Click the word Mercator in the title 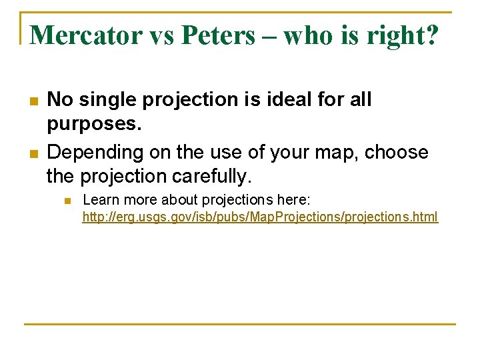tap(86, 35)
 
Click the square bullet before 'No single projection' tap(33, 101)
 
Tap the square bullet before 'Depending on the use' tap(33, 153)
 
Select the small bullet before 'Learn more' tap(67, 200)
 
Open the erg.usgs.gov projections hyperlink tap(260, 217)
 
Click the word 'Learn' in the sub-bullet tap(99, 199)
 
